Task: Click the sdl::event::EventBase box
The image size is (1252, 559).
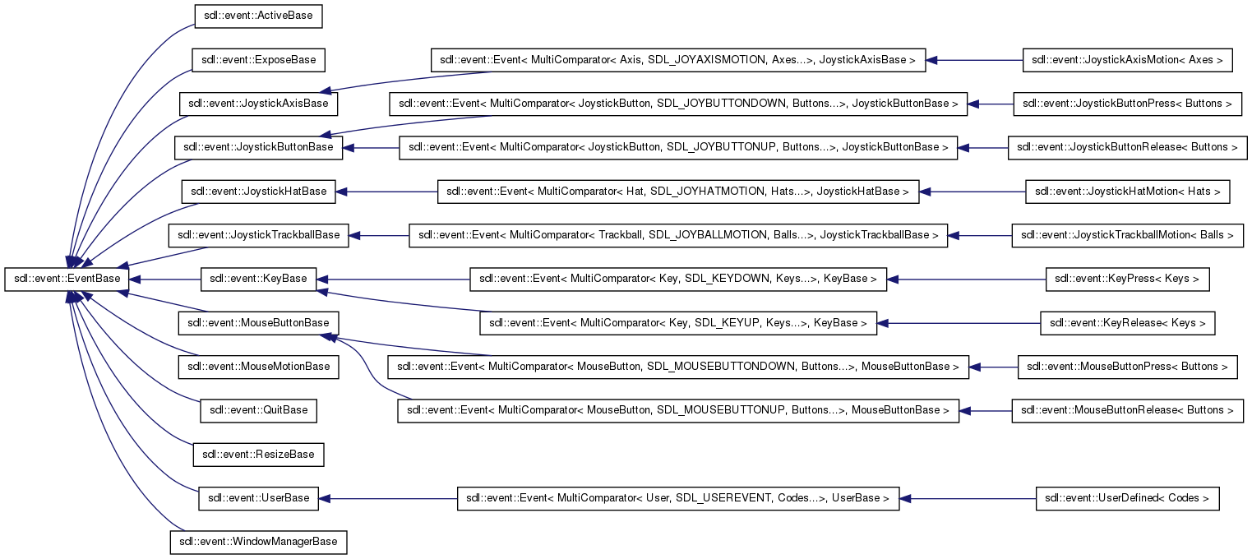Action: point(67,279)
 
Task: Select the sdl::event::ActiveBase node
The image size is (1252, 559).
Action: point(258,16)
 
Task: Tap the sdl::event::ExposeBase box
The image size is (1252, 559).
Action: point(258,60)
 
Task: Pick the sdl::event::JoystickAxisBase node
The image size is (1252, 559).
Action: point(258,104)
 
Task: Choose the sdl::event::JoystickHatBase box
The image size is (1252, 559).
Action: point(258,192)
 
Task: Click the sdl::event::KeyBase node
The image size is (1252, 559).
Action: point(258,279)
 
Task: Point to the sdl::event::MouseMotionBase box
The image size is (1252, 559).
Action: point(258,367)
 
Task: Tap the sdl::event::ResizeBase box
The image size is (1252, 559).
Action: point(258,455)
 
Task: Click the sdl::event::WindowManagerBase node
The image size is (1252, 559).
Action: point(258,543)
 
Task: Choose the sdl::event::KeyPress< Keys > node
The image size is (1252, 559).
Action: point(1127,279)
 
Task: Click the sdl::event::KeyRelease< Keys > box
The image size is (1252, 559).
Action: point(1127,323)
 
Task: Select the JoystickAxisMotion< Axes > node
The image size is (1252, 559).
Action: point(1127,60)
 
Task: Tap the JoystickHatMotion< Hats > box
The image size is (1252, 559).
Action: point(1127,192)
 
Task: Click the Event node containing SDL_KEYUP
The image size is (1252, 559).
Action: point(678,323)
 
